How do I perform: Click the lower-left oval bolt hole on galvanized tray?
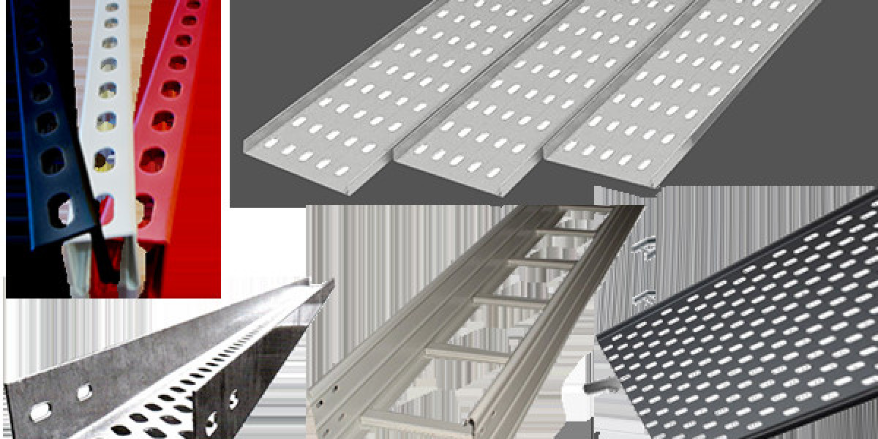click(x=40, y=412)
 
